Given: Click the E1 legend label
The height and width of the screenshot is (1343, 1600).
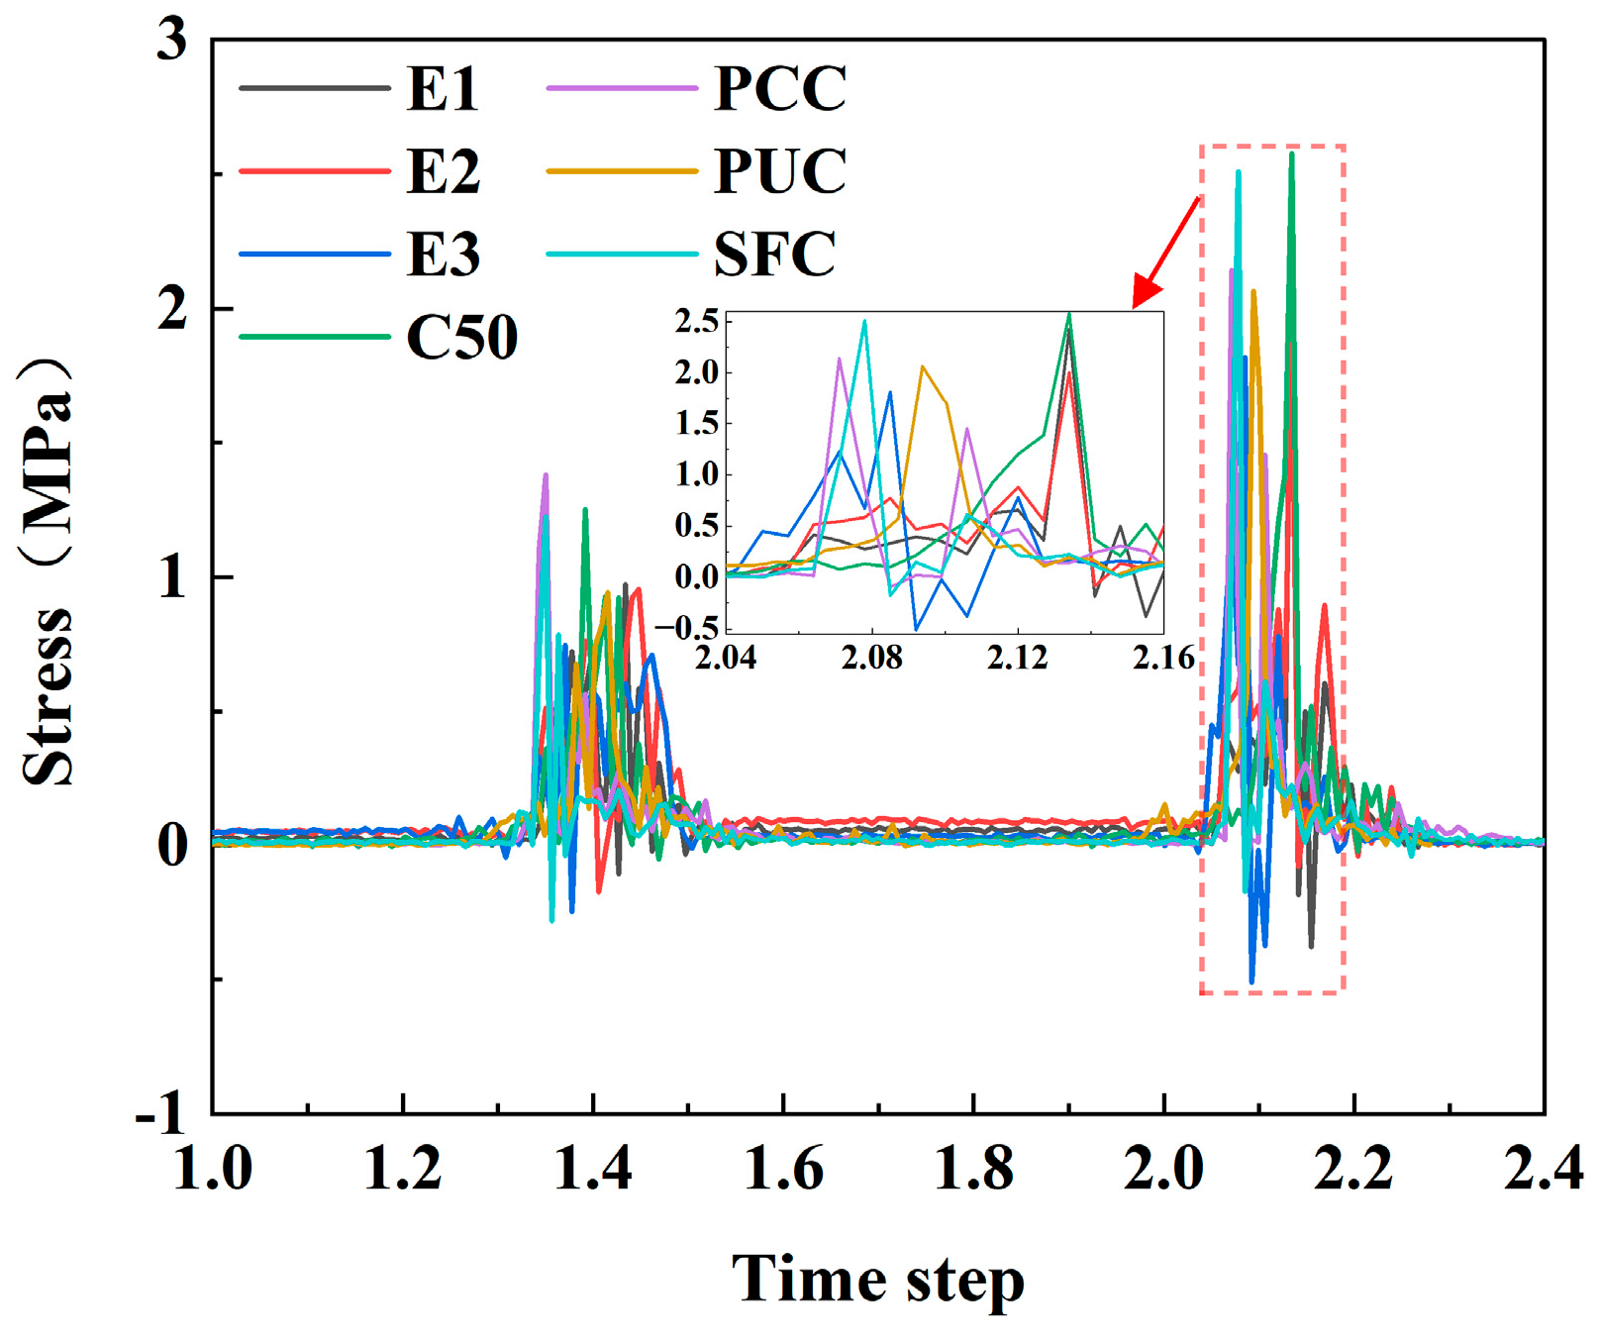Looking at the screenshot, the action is click(443, 88).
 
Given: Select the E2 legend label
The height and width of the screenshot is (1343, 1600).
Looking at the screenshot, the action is click(443, 171).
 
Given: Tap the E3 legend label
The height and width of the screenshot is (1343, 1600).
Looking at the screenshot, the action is click(443, 254).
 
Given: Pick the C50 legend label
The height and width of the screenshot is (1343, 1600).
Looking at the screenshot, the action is click(461, 337).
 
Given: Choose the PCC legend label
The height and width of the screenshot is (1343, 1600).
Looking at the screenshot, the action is click(780, 88).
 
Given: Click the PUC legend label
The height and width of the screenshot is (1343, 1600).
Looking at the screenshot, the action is click(780, 171).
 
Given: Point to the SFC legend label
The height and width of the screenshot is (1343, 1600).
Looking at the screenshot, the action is click(774, 254).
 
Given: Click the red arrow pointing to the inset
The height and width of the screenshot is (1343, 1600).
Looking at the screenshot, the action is click(1166, 252).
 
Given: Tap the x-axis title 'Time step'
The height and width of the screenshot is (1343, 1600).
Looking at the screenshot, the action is click(877, 1280).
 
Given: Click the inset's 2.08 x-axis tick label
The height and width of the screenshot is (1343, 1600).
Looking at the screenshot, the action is click(872, 658).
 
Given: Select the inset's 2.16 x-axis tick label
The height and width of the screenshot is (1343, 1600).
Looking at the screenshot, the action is click(1163, 658).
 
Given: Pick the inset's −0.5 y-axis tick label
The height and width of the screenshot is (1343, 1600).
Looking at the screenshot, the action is click(687, 627).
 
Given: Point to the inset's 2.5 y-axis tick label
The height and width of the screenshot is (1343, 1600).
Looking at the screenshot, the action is click(697, 321).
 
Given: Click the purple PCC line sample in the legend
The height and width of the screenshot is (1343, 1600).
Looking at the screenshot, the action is click(622, 89).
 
